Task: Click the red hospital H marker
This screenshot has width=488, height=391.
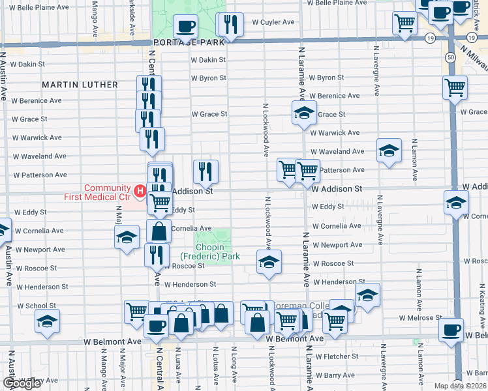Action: click(x=139, y=191)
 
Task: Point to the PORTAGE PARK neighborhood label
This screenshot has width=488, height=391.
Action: click(x=189, y=41)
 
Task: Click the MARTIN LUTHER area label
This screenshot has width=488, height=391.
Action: click(x=80, y=85)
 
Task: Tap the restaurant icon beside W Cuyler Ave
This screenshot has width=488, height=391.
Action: click(x=230, y=25)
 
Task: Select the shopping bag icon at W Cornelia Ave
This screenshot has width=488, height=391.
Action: click(x=158, y=231)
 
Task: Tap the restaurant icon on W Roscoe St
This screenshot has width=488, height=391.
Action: click(x=157, y=254)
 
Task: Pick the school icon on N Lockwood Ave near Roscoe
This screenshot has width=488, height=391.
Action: click(x=268, y=262)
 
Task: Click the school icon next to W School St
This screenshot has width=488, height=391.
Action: click(x=47, y=321)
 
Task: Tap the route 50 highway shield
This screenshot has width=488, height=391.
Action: click(x=451, y=57)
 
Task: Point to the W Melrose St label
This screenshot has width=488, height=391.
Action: click(x=420, y=317)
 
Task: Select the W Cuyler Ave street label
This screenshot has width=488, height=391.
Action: click(x=269, y=22)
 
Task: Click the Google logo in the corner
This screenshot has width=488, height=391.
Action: click(x=22, y=384)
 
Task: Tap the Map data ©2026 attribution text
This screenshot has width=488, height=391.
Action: click(x=460, y=386)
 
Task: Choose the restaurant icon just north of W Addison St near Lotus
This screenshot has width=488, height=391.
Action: click(x=206, y=171)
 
